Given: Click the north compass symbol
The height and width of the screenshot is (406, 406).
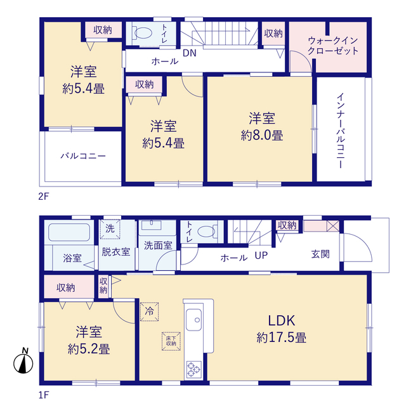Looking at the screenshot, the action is coord(23,362).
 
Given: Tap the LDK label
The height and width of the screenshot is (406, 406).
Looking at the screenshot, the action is coord(282,321).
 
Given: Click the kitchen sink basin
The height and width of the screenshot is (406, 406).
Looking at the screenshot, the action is coord(193,320).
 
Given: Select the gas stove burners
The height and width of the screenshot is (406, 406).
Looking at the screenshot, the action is coord(193,369).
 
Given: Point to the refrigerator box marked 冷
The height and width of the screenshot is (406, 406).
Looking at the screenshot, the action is coord(149,311).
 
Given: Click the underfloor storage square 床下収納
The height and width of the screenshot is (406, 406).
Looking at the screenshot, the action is coord(171,341).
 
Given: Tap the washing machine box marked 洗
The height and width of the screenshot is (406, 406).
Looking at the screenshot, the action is coord(110,229).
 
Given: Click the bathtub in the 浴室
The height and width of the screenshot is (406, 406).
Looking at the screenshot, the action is coord(69,232).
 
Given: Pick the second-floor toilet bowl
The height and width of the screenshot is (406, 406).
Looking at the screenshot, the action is coord(143,33).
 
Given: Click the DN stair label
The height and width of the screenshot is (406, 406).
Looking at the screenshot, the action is coord(190,53).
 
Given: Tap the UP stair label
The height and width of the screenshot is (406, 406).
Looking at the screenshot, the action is coord(261,256).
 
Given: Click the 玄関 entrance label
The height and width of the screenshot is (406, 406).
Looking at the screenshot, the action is coord(320,254).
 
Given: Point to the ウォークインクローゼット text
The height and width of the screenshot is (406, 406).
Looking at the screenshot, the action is coord(333,46).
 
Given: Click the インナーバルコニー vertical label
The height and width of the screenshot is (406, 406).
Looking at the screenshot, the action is coord(341,131).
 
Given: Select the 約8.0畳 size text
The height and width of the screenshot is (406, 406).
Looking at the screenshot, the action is coord(262,135).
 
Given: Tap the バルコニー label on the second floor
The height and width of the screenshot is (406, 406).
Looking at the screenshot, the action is coord(83,156).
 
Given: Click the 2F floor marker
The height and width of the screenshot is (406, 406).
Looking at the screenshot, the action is coord(44,197).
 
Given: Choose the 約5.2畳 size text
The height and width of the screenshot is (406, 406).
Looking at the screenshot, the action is coord(89,349).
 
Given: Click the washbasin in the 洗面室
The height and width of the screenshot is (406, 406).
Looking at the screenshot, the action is coord(151,225).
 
